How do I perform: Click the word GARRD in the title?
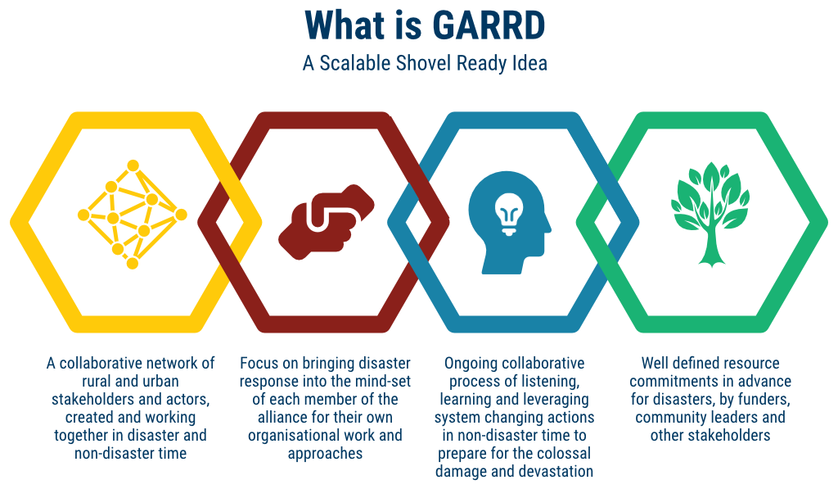tap(488, 25)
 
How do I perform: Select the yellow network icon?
tap(133, 214)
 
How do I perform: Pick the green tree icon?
tap(711, 214)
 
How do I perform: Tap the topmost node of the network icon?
tap(133, 165)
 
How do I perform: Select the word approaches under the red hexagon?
tap(325, 454)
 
